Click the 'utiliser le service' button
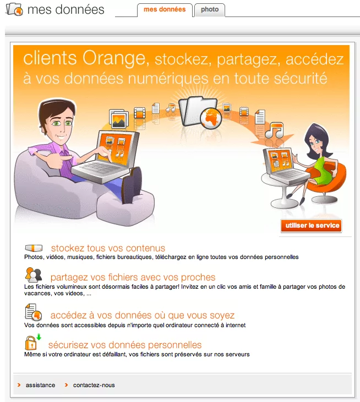311,225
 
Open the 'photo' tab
210,10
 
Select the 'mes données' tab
165,10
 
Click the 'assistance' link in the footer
40,385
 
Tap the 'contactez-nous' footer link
94,385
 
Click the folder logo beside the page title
14,9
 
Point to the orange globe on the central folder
211,118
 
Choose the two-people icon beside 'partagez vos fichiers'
34,274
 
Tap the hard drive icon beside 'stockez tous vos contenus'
34,248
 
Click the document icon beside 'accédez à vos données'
34,312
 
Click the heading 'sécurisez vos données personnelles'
125,345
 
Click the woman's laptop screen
279,160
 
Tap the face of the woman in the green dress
315,144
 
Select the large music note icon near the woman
274,130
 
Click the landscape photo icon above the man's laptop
119,119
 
